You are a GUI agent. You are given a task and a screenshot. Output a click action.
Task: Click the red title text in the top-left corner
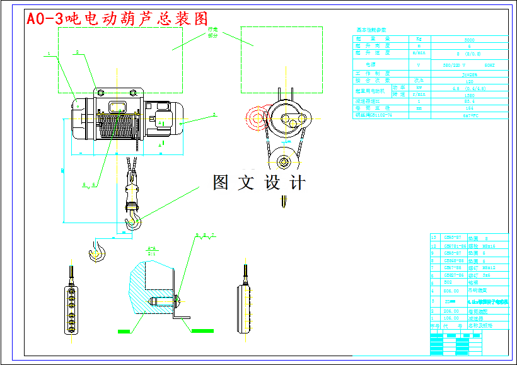click(117, 19)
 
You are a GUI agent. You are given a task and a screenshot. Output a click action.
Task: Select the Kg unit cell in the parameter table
click(418, 39)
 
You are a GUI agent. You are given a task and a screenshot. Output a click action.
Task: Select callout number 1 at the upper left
click(49, 54)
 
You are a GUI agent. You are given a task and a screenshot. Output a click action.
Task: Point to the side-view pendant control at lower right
click(245, 306)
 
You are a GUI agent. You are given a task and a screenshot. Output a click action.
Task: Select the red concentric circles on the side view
click(257, 117)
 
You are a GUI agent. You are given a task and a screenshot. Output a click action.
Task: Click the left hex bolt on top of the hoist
click(100, 93)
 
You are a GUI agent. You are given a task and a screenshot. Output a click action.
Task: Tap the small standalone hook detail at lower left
click(96, 251)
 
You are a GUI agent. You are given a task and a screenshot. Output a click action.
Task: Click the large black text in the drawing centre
click(259, 183)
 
